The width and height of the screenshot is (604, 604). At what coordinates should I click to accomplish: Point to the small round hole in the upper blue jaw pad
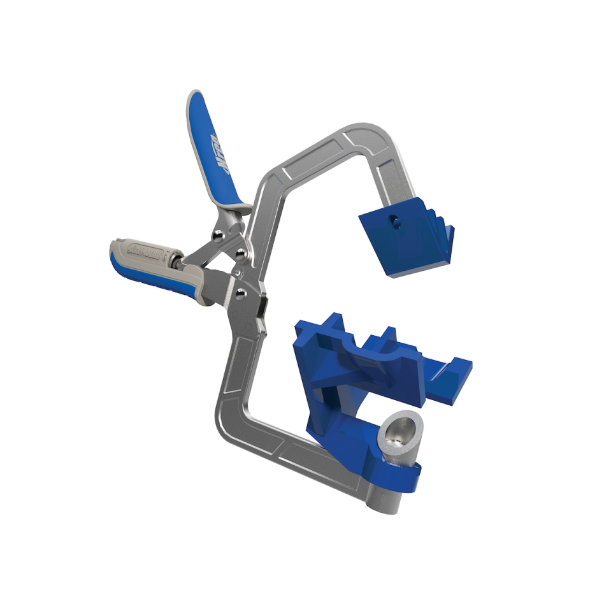395,222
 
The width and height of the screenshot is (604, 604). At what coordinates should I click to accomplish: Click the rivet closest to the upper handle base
220,234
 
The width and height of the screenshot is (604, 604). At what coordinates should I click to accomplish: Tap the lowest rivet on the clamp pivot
241,293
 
